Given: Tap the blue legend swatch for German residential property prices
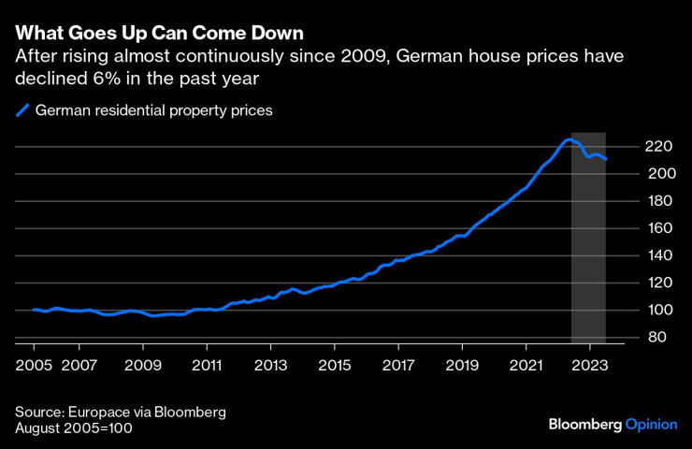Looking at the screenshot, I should click(22, 110).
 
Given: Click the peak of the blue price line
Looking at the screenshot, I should click(569, 139).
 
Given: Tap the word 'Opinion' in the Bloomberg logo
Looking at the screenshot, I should click(651, 425).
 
